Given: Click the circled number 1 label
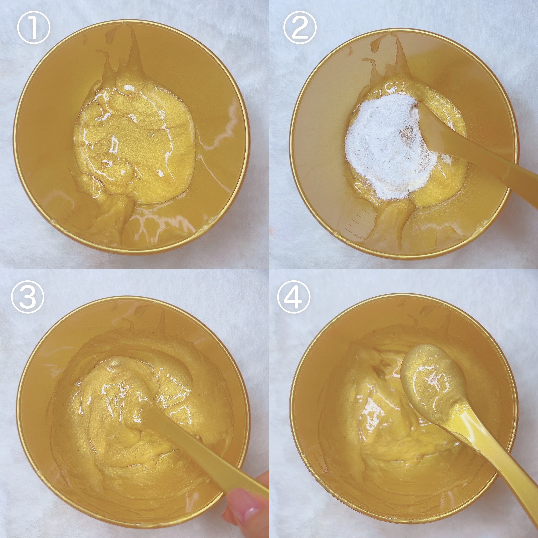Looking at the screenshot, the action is click(x=33, y=28).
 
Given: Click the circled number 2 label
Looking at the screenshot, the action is click(x=300, y=28).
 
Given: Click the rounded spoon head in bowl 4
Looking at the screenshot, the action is click(x=430, y=381).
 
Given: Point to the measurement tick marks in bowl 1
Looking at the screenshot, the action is click(x=74, y=217).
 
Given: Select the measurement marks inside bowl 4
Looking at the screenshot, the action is click(x=320, y=462).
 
